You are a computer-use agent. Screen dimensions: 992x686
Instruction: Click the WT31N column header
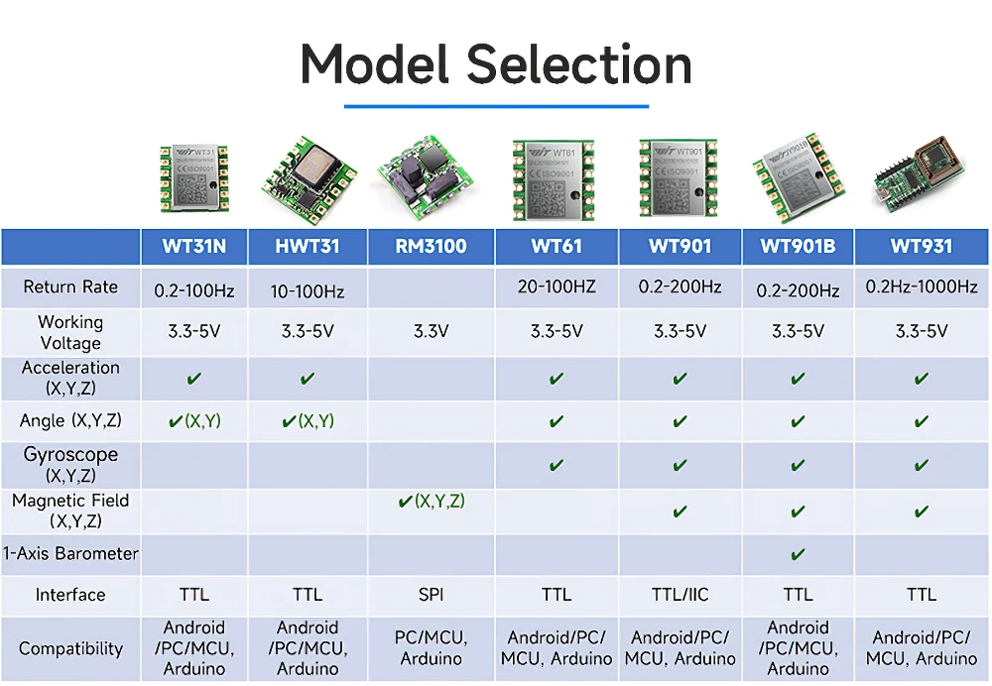[193, 247]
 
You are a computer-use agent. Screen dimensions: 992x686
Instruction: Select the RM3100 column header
[432, 247]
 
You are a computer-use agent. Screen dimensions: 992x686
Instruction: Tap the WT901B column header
[799, 247]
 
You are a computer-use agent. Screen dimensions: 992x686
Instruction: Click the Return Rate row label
[70, 287]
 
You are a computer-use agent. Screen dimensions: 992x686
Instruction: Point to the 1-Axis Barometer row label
[70, 553]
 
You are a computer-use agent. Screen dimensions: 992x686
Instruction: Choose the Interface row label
[70, 595]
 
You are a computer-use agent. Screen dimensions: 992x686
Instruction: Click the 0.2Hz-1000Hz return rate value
[922, 286]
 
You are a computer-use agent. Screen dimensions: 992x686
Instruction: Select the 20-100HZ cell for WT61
[557, 286]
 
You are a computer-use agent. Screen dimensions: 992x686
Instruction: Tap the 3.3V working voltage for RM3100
[432, 331]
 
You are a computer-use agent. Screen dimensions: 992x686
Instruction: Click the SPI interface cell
[432, 595]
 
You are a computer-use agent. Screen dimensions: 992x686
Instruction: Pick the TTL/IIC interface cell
[680, 595]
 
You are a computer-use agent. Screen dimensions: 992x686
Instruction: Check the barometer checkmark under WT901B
[799, 554]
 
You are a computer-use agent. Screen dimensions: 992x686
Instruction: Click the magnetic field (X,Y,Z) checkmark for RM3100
[432, 502]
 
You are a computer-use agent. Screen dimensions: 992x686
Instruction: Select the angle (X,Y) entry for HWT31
[309, 421]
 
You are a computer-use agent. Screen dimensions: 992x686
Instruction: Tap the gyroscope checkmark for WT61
[557, 465]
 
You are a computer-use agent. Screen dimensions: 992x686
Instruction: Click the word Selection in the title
[579, 65]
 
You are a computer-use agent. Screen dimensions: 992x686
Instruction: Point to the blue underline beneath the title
[496, 105]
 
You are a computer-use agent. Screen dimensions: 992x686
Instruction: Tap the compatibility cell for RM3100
[432, 648]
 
